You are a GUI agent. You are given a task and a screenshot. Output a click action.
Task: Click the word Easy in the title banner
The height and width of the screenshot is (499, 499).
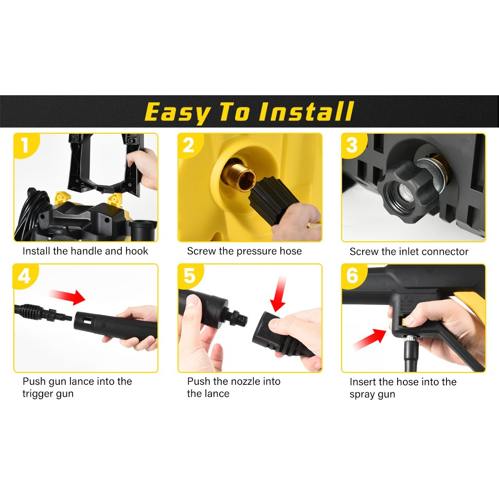tap(177, 113)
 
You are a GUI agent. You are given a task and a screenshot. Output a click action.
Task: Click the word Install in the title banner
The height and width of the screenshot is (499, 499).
tap(307, 112)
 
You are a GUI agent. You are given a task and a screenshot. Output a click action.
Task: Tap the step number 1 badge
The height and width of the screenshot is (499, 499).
tap(25, 146)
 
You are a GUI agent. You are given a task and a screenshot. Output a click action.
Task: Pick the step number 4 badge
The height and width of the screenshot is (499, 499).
tap(25, 276)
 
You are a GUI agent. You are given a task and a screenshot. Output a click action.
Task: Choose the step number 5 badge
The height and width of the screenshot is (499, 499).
tap(189, 276)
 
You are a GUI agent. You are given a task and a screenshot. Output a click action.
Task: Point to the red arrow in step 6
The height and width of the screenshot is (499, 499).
tap(369, 340)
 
